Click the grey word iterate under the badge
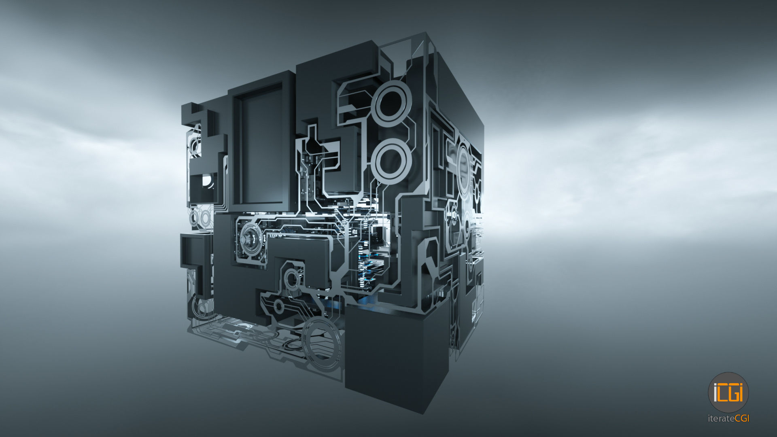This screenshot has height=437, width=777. (x=721, y=419)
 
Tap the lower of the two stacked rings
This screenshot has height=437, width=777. (x=391, y=159)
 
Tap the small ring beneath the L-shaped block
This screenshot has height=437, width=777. (x=291, y=278)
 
